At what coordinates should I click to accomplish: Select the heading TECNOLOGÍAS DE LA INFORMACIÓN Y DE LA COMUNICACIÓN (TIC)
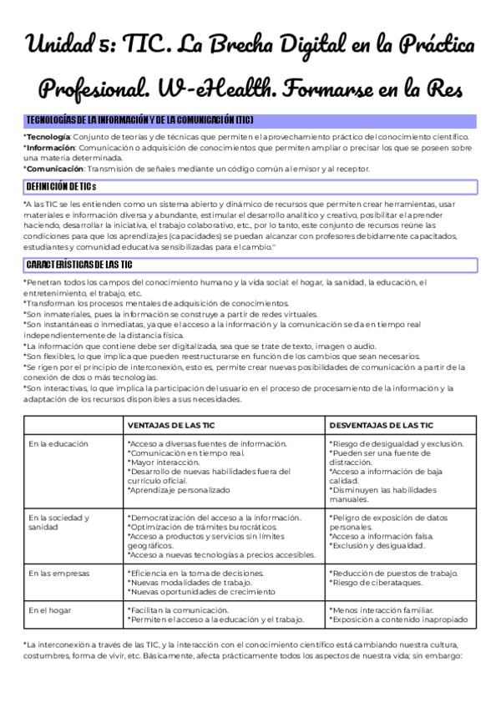(x=140, y=120)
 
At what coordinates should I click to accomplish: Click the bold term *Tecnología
(x=47, y=137)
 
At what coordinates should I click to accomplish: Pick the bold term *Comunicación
(x=53, y=169)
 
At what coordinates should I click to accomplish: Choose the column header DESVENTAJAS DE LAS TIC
(x=381, y=424)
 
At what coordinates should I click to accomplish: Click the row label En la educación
(x=58, y=444)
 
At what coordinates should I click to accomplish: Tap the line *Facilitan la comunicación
(x=173, y=610)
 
